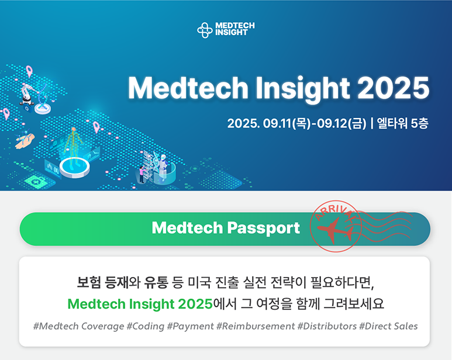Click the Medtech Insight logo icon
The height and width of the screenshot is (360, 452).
pyautogui.click(x=205, y=30)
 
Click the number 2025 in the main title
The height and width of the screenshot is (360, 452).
pyautogui.click(x=393, y=88)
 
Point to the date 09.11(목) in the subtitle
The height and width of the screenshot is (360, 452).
pyautogui.click(x=285, y=123)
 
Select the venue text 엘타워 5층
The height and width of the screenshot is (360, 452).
pyautogui.click(x=403, y=123)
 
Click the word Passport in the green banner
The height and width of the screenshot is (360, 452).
pyautogui.click(x=264, y=229)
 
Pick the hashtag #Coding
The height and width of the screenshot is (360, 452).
pyautogui.click(x=145, y=326)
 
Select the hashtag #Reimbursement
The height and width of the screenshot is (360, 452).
pyautogui.click(x=256, y=326)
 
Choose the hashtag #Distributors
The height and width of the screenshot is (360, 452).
pyautogui.click(x=327, y=326)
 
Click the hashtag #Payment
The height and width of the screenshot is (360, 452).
pyautogui.click(x=190, y=326)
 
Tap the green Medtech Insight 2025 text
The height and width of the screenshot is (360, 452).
pyautogui.click(x=140, y=304)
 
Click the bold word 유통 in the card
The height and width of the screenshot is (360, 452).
pyautogui.click(x=156, y=282)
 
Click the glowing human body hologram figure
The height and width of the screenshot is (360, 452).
pyautogui.click(x=73, y=144)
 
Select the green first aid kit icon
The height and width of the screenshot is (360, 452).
pyautogui.click(x=36, y=181)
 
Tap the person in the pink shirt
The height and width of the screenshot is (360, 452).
pyautogui.click(x=142, y=174)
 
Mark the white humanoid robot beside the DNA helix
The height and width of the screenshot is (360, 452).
pyautogui.click(x=163, y=168)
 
